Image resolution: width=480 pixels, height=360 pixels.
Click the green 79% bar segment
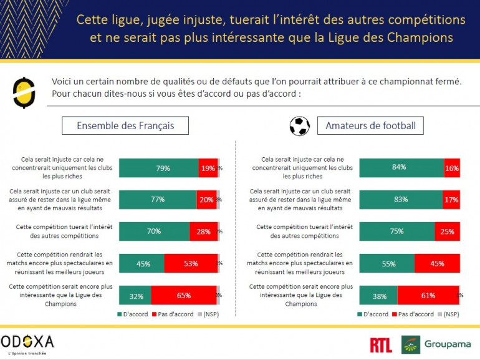coord(158,168)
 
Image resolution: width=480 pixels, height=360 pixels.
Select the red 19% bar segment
coord(208,168)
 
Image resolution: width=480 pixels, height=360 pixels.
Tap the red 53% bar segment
coord(191,263)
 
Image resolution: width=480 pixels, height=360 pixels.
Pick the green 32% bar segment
coord(135,296)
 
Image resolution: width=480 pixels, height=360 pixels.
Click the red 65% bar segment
coord(183,296)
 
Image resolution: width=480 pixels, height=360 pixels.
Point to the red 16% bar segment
coord(452,168)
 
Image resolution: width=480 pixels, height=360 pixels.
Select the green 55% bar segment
coord(386,263)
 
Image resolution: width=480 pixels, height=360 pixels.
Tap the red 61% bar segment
coord(428,296)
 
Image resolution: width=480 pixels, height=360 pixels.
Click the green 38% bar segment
coord(378,296)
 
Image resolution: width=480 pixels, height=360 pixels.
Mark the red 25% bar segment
coord(447,231)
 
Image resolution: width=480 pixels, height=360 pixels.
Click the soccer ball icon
coord(300,126)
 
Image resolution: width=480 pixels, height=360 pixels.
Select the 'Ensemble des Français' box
coord(125,125)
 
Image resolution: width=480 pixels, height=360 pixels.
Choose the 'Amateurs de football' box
coord(370,125)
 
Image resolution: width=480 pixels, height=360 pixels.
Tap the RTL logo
coord(381,344)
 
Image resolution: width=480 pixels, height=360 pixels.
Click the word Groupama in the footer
coord(449,344)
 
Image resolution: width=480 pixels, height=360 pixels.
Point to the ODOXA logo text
coord(27,341)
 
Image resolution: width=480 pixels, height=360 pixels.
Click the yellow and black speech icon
coord(24,91)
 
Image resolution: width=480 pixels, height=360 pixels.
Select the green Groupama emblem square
coord(411,344)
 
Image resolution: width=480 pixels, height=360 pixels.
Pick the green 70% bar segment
coord(154,231)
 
